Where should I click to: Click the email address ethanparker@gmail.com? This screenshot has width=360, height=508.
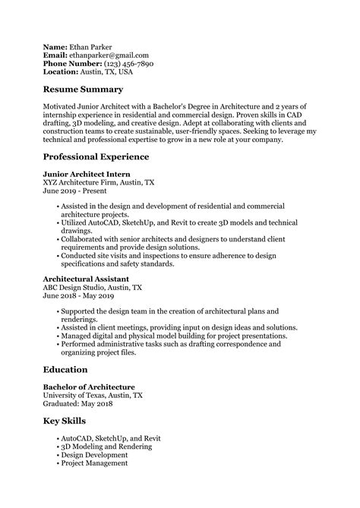(108, 55)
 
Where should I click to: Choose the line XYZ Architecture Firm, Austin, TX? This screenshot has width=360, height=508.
(99, 183)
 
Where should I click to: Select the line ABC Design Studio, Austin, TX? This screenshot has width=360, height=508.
(93, 289)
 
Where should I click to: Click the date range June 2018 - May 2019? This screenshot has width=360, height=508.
(84, 298)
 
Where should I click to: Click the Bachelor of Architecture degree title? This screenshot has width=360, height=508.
(89, 387)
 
